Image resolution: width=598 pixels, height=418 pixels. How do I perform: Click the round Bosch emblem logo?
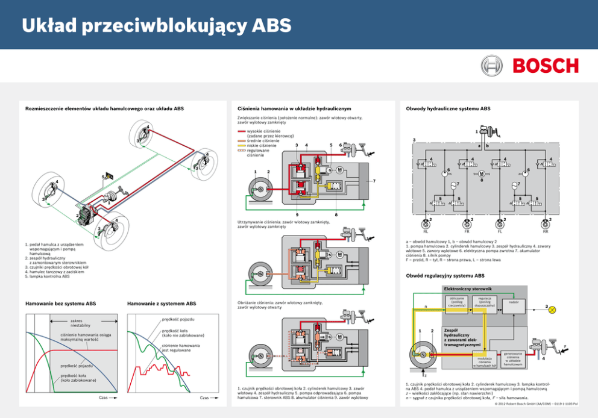point(491,65)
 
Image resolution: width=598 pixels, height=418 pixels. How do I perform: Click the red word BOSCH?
point(546,66)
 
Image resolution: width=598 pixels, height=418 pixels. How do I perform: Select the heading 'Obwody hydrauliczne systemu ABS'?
point(448,108)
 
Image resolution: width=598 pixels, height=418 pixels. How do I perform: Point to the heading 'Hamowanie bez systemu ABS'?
point(60,303)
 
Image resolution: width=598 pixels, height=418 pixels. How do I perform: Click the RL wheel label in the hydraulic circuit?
point(426,231)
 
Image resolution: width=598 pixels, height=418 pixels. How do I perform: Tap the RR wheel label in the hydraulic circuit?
point(545,231)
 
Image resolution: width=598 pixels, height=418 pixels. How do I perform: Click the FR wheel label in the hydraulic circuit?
point(467,231)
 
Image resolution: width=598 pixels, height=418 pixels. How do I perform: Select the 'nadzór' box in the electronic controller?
point(514,302)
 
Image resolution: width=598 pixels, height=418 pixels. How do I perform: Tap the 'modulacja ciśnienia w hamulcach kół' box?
point(485,360)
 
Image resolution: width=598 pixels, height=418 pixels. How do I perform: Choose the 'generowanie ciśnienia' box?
point(513,359)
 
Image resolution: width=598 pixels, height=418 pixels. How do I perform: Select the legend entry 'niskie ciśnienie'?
point(262,145)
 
